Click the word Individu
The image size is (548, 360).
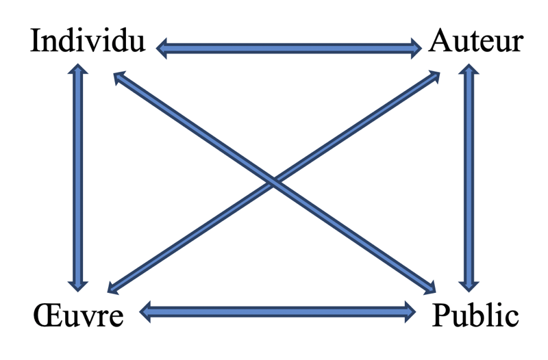click(x=88, y=42)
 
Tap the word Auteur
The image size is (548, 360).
click(x=477, y=42)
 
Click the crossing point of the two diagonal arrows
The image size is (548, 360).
click(x=274, y=182)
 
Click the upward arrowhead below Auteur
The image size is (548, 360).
click(x=469, y=70)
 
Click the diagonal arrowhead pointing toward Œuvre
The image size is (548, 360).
click(x=113, y=287)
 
